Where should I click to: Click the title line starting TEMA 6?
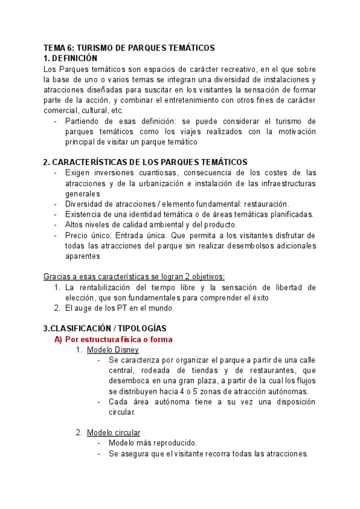[129, 48]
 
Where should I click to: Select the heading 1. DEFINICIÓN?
[70, 58]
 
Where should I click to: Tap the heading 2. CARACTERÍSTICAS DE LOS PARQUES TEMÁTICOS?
[145, 162]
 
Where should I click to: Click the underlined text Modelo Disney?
[113, 350]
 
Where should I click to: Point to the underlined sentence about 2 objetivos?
[134, 276]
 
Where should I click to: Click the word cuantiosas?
[136, 173]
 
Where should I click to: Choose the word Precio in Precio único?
[77, 235]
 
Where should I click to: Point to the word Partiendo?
[83, 121]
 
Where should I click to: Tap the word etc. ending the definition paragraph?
[133, 110]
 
